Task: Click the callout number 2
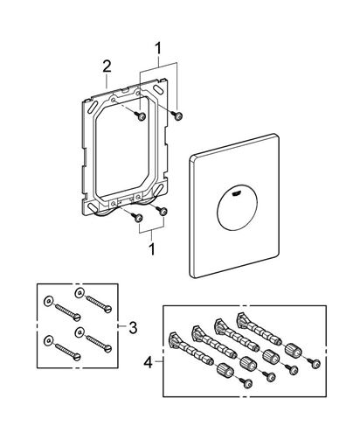pyautogui.click(x=107, y=67)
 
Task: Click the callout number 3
pyautogui.click(x=133, y=328)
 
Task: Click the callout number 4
pyautogui.click(x=149, y=363)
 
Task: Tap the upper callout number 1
pyautogui.click(x=158, y=48)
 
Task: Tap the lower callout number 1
pyautogui.click(x=152, y=249)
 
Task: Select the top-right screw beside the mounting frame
pyautogui.click(x=177, y=115)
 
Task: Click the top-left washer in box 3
pyautogui.click(x=47, y=302)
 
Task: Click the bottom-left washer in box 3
pyautogui.click(x=47, y=340)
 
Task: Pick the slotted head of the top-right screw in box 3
pyautogui.click(x=107, y=309)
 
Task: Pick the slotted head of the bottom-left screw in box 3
pyautogui.click(x=77, y=357)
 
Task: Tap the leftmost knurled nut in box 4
pyautogui.click(x=225, y=370)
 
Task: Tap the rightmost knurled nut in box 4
pyautogui.click(x=293, y=350)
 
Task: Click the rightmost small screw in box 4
pyautogui.click(x=315, y=363)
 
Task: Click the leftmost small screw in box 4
pyautogui.click(x=247, y=383)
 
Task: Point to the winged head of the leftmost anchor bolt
pyautogui.click(x=175, y=340)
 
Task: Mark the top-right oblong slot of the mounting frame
pyautogui.click(x=159, y=90)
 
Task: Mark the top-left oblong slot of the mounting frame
pyautogui.click(x=94, y=105)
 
